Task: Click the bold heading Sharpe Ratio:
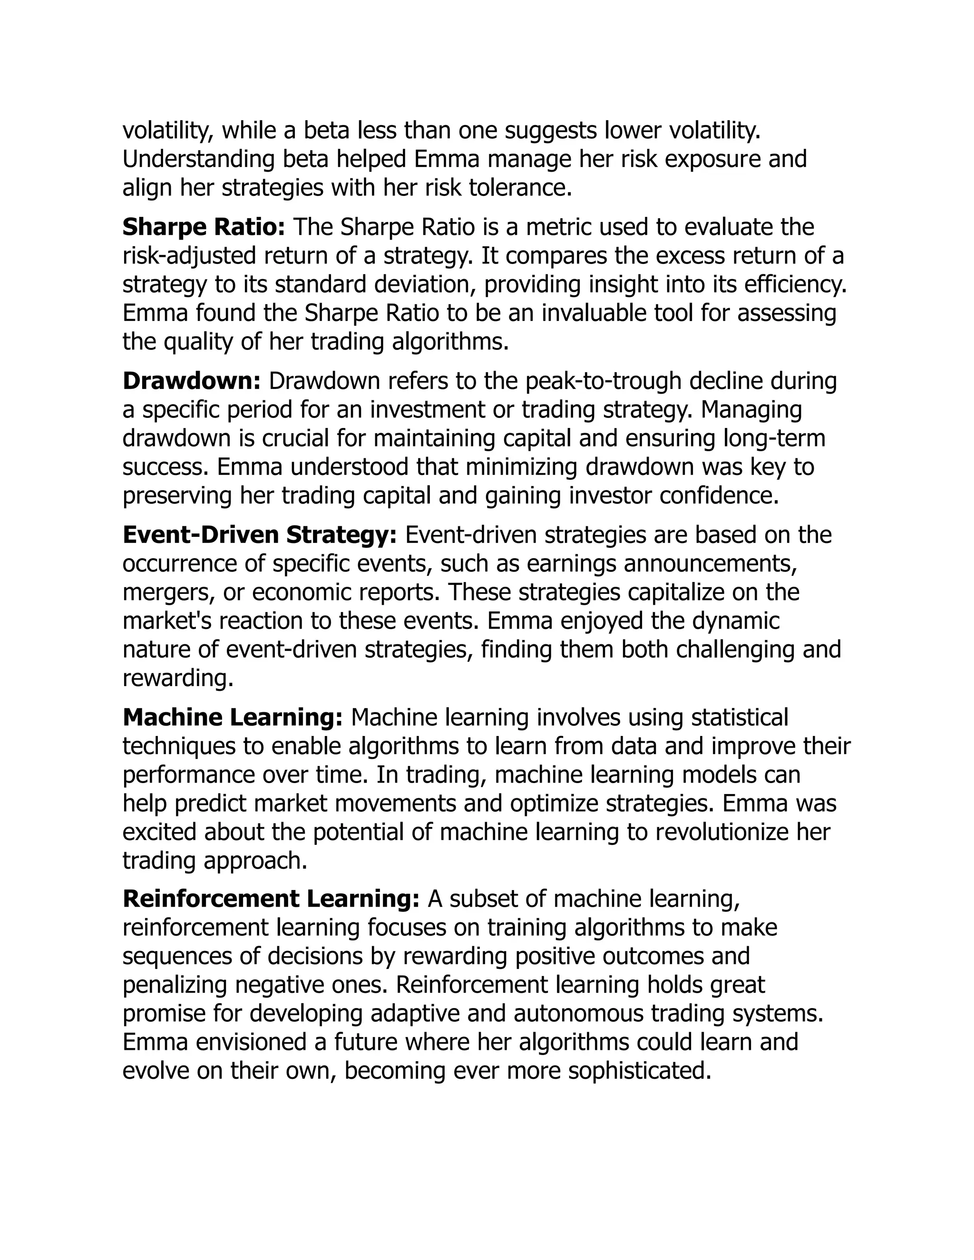(x=204, y=227)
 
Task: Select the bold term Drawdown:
(x=192, y=381)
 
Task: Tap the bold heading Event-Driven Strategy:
(x=260, y=535)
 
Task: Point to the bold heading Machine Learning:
(x=233, y=717)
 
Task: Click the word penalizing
(x=175, y=985)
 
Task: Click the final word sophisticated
(x=639, y=1071)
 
